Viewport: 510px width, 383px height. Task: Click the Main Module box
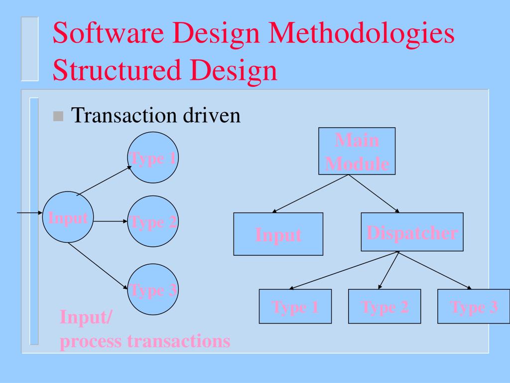[357, 151]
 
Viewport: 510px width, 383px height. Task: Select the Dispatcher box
[411, 232]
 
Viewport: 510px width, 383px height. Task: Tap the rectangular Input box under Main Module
[278, 234]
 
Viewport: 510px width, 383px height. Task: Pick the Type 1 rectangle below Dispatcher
[295, 306]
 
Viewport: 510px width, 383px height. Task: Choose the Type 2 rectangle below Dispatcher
[384, 306]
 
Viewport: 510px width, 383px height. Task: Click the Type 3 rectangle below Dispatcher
[474, 306]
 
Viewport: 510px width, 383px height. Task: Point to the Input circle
[68, 217]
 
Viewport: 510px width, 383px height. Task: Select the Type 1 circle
[153, 158]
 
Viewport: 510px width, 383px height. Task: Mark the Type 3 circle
[153, 289]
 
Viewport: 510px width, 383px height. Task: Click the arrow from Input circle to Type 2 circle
[111, 220]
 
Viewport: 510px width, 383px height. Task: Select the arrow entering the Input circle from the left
[30, 213]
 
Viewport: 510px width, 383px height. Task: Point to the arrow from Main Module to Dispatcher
[377, 193]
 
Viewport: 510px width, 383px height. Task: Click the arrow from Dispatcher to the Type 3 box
[434, 271]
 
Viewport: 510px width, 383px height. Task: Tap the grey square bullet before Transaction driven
[58, 116]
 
